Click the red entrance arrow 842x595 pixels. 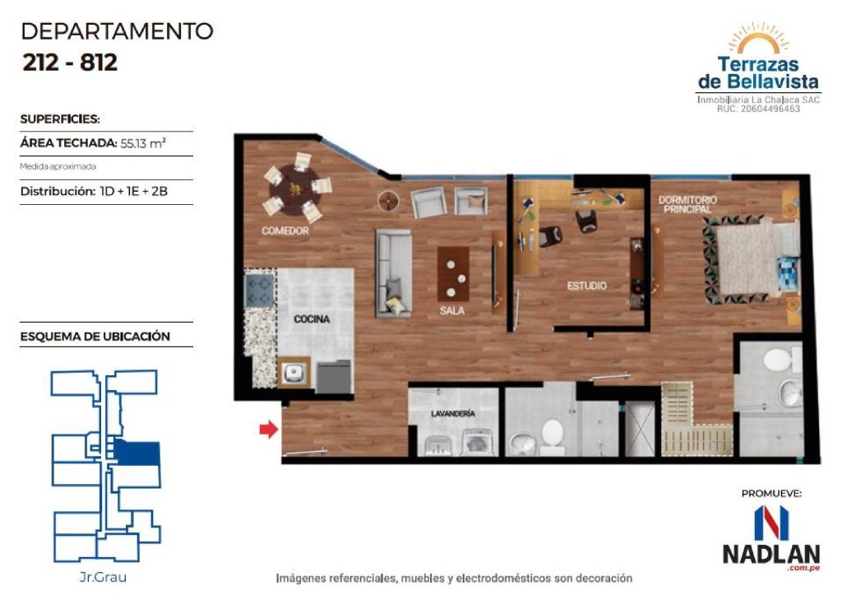[x=269, y=429]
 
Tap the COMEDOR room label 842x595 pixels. [x=285, y=231]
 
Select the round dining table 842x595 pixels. [x=295, y=188]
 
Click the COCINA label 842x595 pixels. [x=312, y=319]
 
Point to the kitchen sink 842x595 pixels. [x=294, y=372]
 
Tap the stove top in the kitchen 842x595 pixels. [x=260, y=289]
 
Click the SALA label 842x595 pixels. [x=452, y=311]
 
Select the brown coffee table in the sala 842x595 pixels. [x=454, y=273]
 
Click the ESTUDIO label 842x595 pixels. [x=587, y=286]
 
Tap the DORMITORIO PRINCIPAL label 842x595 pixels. [x=687, y=204]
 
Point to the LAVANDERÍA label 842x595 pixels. [x=453, y=414]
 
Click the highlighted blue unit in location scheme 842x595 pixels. [x=137, y=453]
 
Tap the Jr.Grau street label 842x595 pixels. [x=103, y=577]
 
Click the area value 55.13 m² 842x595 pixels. [x=143, y=143]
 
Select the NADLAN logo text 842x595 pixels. [x=771, y=554]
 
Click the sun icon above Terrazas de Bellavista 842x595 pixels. [x=758, y=39]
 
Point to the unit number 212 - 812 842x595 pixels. [x=70, y=63]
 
